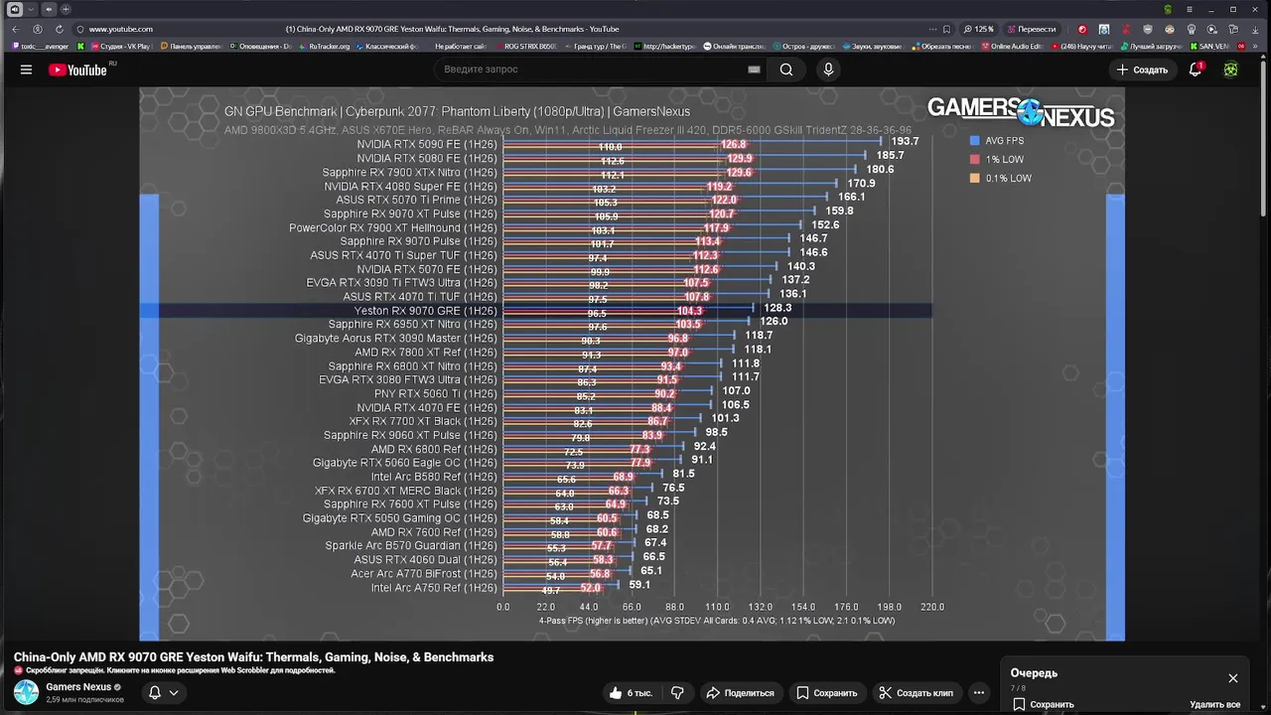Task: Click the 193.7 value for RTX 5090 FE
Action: click(x=904, y=142)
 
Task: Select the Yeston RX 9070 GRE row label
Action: click(x=425, y=311)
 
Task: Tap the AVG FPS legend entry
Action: click(x=1004, y=141)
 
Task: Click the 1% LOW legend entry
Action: click(x=1004, y=160)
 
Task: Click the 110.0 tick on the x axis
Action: click(x=717, y=607)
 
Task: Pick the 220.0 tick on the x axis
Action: click(x=931, y=607)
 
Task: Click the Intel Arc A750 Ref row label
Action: click(x=434, y=588)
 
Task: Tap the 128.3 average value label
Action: click(x=777, y=308)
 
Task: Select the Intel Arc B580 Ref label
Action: click(x=434, y=477)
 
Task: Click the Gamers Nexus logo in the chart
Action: click(x=1021, y=112)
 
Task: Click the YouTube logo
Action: click(x=78, y=70)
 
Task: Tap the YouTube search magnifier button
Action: click(x=786, y=70)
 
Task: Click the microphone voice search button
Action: click(x=828, y=70)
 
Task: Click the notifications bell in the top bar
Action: click(x=1196, y=70)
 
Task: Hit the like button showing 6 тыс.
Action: click(x=632, y=693)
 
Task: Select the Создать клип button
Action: click(x=917, y=693)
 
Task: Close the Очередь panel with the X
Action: click(x=1233, y=678)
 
